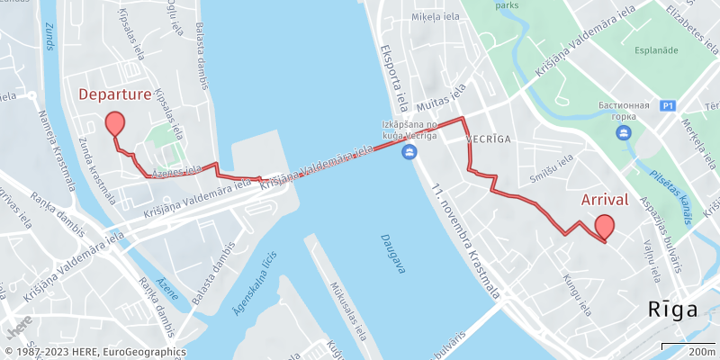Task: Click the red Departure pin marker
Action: coord(114,124)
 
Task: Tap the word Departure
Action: coord(114,94)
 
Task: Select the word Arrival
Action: coord(605,199)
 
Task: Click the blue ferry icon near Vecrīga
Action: coord(409,151)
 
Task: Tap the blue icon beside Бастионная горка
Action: coord(623,133)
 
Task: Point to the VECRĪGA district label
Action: coord(489,140)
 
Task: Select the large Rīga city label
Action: coord(673,310)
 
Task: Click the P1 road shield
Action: coord(667,105)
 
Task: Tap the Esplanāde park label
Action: coord(655,50)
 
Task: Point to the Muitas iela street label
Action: coord(445,94)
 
